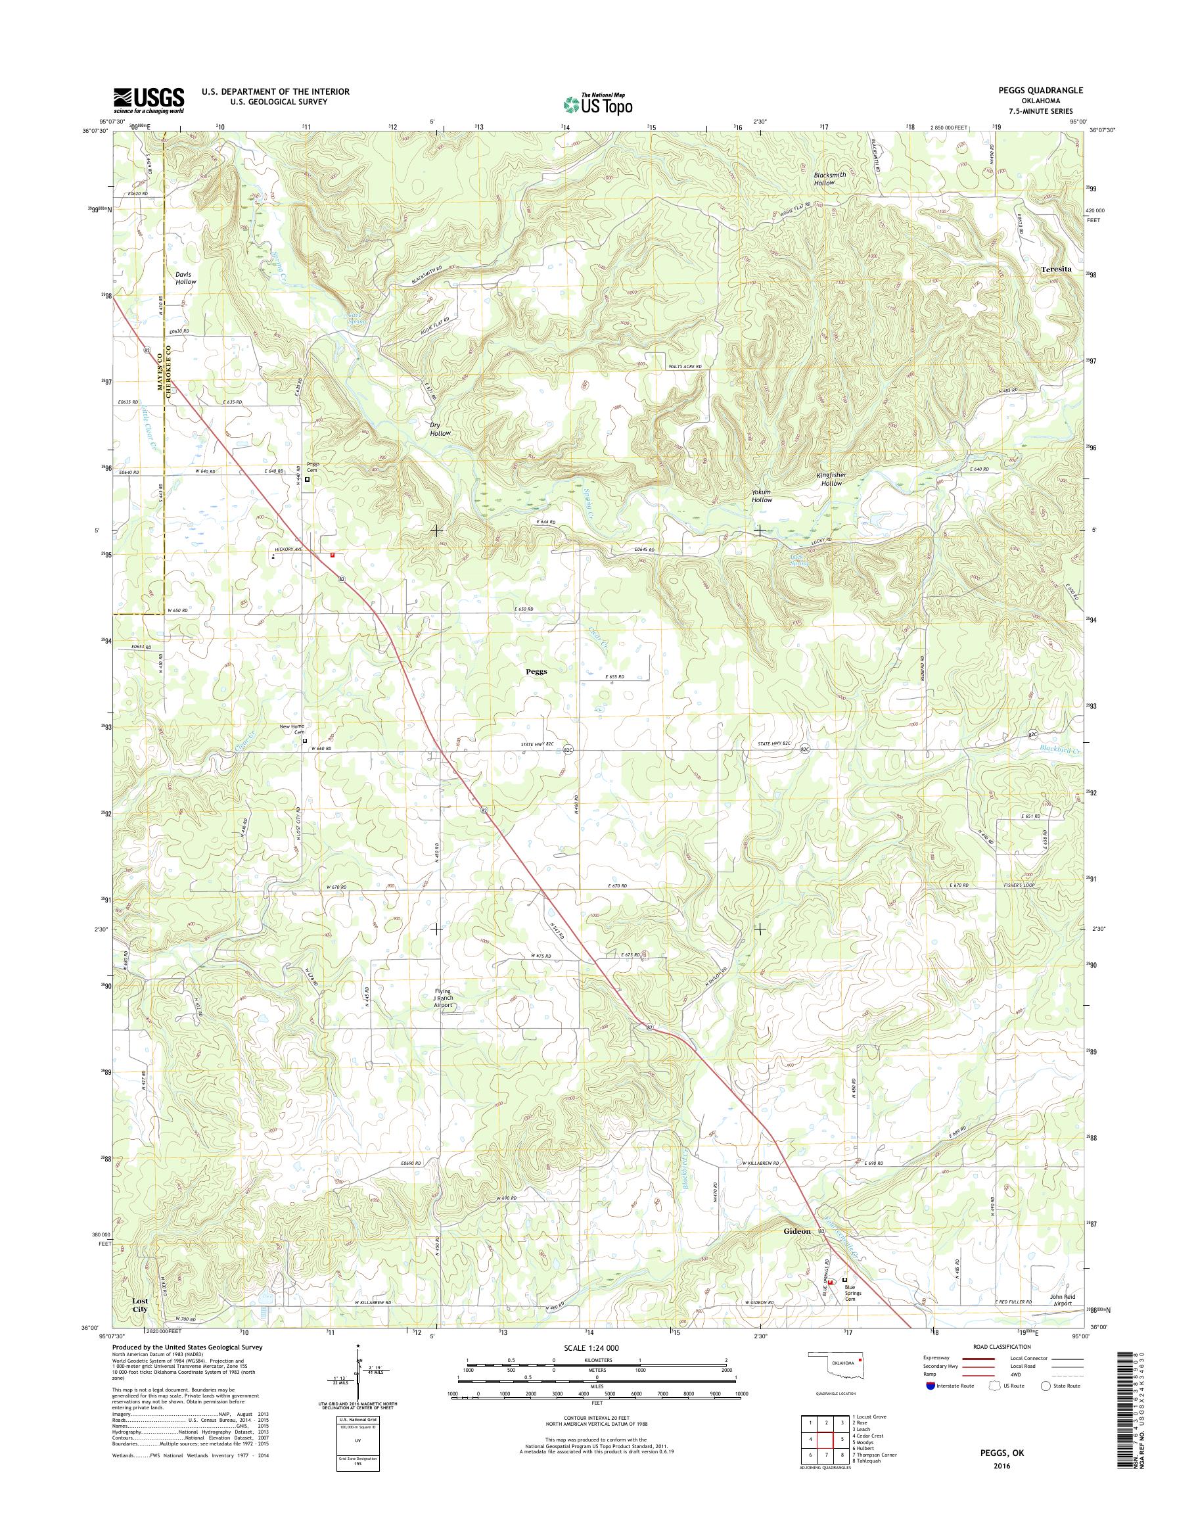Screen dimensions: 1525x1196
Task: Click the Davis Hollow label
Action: pos(185,277)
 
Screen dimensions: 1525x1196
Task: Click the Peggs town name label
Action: pos(536,670)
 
